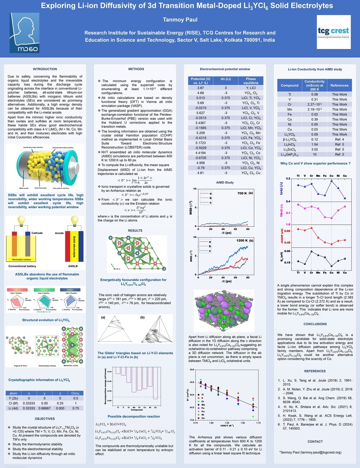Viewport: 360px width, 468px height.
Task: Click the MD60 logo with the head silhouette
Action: [x=24, y=33]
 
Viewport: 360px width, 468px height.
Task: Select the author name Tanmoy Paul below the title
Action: [x=180, y=20]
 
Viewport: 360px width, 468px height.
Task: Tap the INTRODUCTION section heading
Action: [x=45, y=69]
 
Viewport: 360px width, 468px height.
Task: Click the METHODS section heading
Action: [x=136, y=69]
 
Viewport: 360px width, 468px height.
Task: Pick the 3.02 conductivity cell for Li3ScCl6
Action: [x=314, y=149]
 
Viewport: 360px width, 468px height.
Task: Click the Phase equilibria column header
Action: [x=251, y=81]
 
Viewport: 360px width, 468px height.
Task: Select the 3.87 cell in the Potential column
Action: [x=201, y=88]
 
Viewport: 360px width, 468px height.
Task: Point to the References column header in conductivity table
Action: [x=339, y=86]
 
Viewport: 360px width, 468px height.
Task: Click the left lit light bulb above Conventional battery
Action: [x=22, y=220]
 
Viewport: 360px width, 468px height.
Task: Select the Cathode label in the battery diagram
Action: [x=37, y=233]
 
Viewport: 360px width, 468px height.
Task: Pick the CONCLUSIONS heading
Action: [x=315, y=324]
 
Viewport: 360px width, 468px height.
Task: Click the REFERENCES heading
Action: [x=315, y=371]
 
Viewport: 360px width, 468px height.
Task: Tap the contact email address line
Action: [x=310, y=453]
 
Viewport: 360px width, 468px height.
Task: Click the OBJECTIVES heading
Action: [x=45, y=419]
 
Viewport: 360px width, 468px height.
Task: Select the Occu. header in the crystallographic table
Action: [x=76, y=393]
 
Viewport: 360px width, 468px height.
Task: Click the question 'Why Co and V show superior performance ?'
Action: [x=315, y=163]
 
